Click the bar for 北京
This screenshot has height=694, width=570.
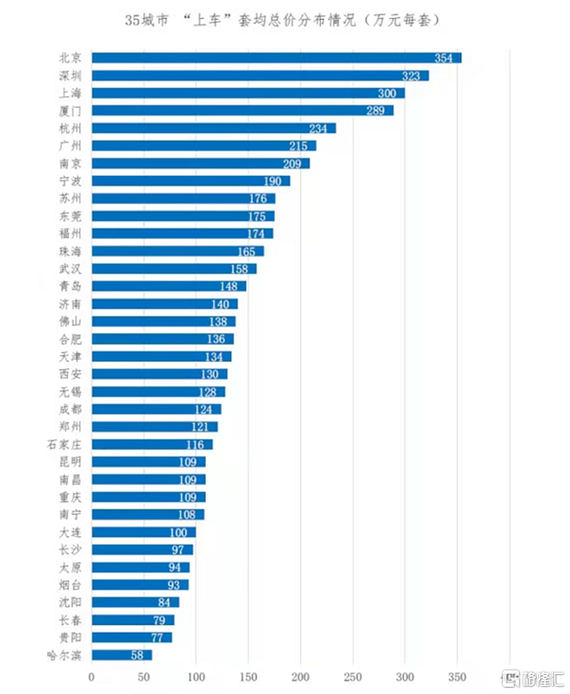point(276,58)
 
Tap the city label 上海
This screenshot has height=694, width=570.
point(69,93)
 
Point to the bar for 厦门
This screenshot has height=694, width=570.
point(242,111)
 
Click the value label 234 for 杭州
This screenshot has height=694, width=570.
point(321,128)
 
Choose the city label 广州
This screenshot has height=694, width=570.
point(69,146)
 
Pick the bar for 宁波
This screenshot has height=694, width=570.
point(190,180)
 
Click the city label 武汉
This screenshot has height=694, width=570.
point(69,268)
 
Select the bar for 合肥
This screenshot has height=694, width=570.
point(162,339)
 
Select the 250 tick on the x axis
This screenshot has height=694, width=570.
point(353,677)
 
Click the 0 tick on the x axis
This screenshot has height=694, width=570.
point(92,677)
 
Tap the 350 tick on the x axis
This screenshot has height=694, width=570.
point(458,677)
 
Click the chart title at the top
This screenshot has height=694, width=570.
point(285,18)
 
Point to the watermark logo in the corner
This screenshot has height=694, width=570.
point(535,678)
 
